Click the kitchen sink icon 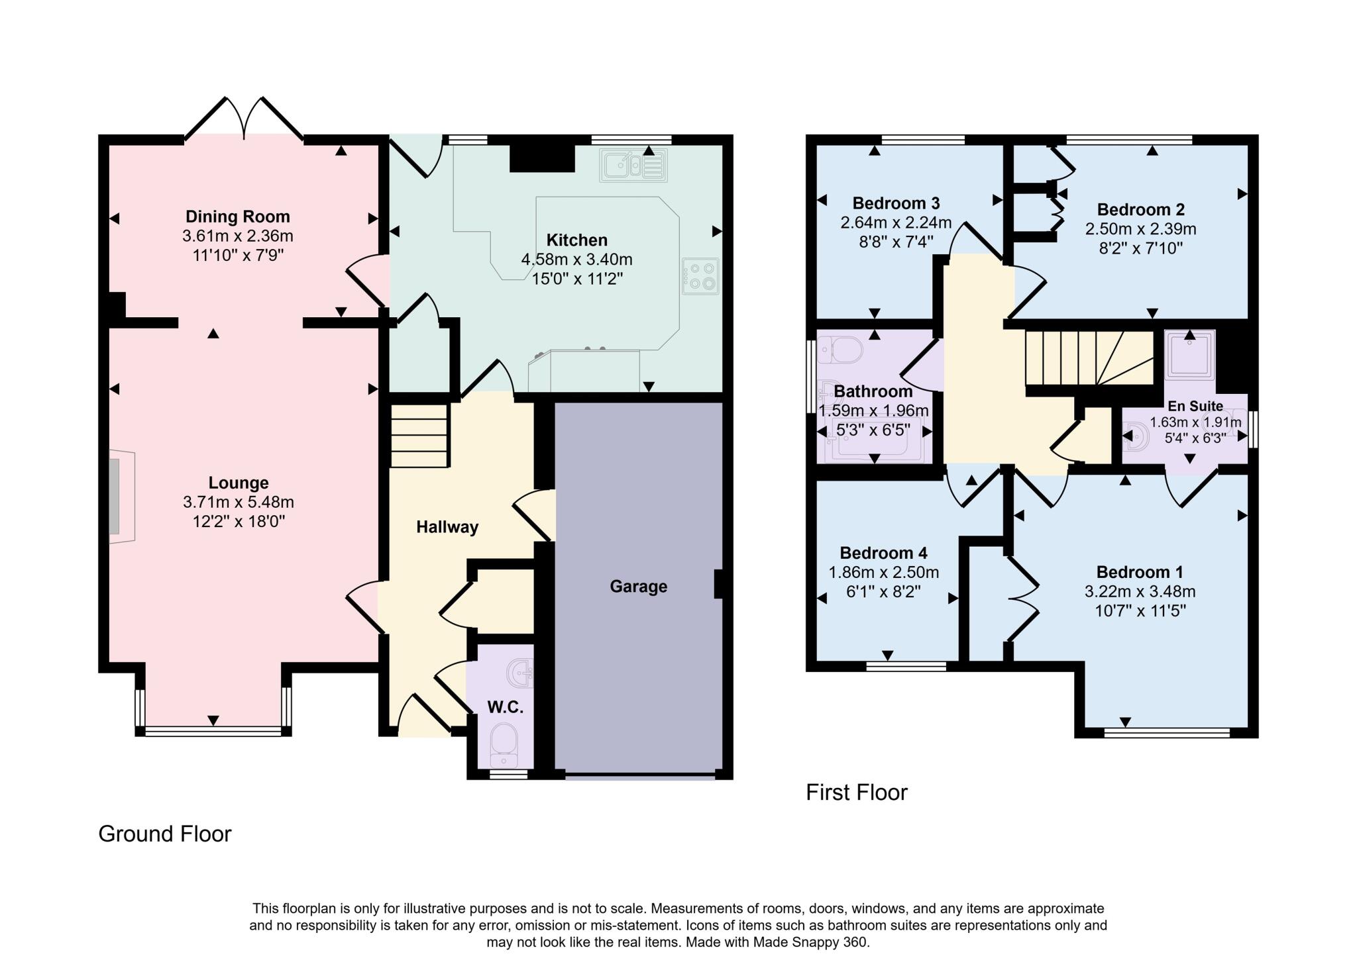(633, 165)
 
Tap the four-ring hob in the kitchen (700, 277)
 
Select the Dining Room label (238, 217)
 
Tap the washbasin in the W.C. (520, 673)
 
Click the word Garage (638, 587)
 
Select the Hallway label (447, 527)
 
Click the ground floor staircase (419, 435)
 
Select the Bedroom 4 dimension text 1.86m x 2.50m (883, 572)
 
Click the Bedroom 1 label (1139, 572)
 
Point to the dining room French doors (244, 122)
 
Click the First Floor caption (856, 793)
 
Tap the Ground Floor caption (165, 834)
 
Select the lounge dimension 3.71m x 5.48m (238, 503)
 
